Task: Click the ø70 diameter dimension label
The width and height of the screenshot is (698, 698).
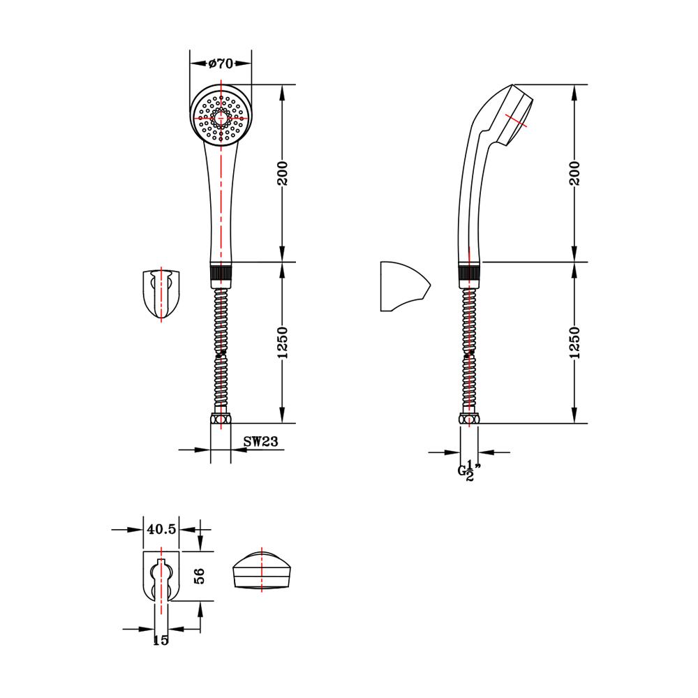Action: tap(221, 64)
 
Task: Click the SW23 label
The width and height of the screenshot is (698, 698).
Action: tap(260, 441)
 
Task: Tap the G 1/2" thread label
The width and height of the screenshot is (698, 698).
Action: tap(469, 471)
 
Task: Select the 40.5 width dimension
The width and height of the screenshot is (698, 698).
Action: tap(161, 529)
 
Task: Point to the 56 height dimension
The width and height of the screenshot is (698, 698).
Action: tap(199, 576)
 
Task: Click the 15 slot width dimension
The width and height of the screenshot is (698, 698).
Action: tap(161, 640)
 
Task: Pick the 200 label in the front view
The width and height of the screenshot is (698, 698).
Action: tap(283, 173)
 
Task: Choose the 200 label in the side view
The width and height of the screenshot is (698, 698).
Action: tap(574, 173)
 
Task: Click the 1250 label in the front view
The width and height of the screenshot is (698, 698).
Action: tap(283, 342)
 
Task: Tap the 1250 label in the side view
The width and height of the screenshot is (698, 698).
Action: tap(574, 342)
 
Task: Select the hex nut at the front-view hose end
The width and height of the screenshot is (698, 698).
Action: tap(221, 419)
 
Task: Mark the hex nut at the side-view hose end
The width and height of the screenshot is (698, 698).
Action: tap(469, 419)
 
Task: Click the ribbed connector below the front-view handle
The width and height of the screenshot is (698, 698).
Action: tap(221, 272)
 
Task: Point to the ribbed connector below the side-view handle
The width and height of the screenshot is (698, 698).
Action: tap(469, 272)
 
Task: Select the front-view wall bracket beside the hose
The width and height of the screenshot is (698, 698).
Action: tap(161, 295)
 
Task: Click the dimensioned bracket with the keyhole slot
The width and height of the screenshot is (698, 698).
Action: tap(161, 577)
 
